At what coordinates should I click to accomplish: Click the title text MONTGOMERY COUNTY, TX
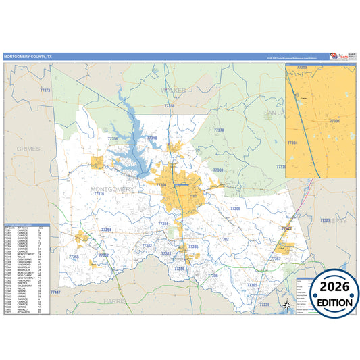[x=28, y=57]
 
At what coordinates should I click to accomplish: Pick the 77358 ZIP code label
[x=169, y=106]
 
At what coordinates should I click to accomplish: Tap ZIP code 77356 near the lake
[x=113, y=139]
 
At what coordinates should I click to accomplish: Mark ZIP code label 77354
[x=105, y=230]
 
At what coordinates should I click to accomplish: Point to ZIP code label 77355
[x=74, y=257]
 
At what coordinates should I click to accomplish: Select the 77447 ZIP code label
[x=55, y=292]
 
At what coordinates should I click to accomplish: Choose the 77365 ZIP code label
[x=252, y=285]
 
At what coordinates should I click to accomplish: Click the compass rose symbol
[x=287, y=305]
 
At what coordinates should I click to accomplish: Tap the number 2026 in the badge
[x=327, y=289]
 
